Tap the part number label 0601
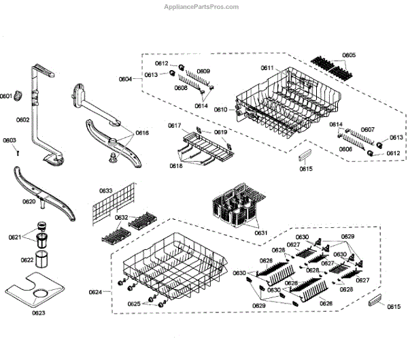pyautogui.click(x=6, y=97)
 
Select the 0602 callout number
pyautogui.click(x=22, y=120)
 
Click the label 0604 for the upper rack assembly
pyautogui.click(x=126, y=80)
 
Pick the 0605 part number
pyautogui.click(x=348, y=55)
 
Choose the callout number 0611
pyautogui.click(x=267, y=68)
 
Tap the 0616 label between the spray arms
pyautogui.click(x=141, y=133)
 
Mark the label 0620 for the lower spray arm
pyautogui.click(x=29, y=201)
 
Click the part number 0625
pyautogui.click(x=135, y=304)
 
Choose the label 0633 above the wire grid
pyautogui.click(x=105, y=191)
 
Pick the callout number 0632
pyautogui.click(x=121, y=218)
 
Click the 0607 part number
pyautogui.click(x=368, y=129)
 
